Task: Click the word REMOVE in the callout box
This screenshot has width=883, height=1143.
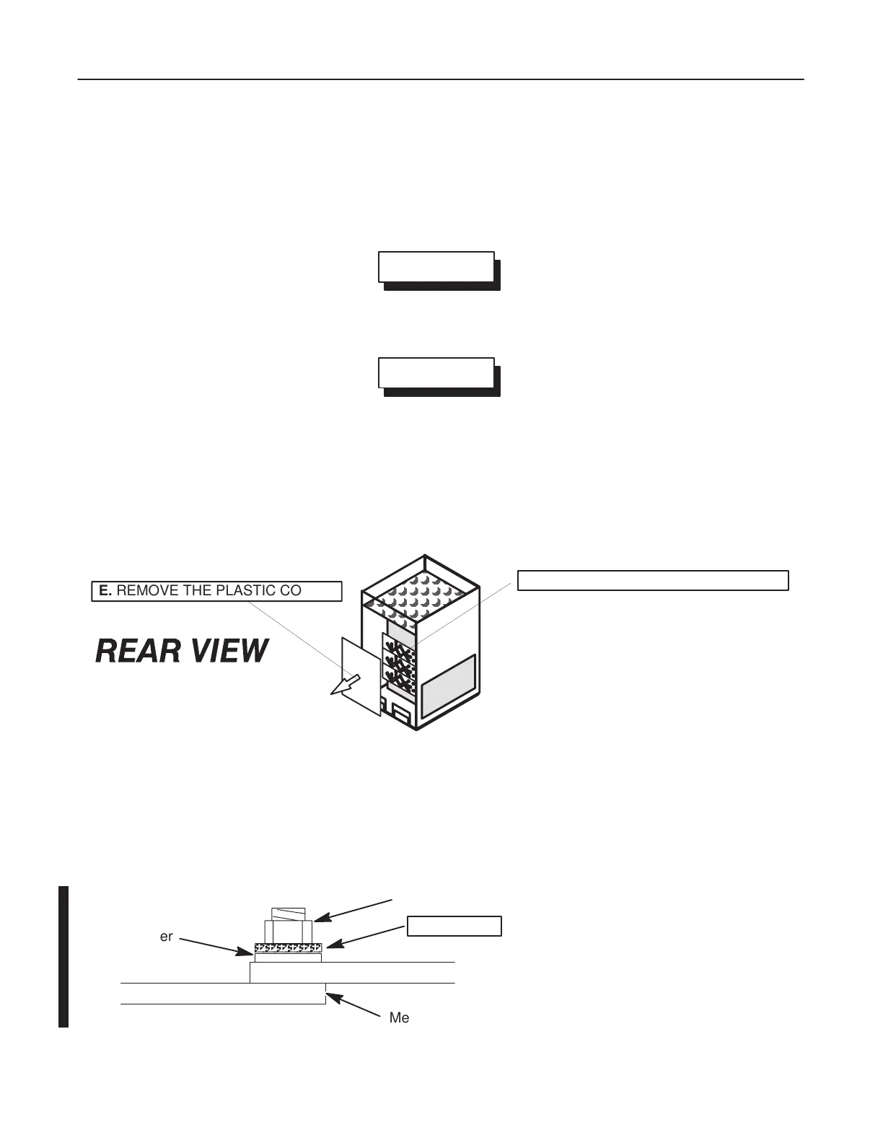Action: click(147, 591)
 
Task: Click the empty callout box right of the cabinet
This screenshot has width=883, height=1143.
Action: click(653, 580)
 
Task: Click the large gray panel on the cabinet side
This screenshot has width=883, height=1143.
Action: click(448, 685)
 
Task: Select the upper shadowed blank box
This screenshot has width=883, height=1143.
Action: click(436, 266)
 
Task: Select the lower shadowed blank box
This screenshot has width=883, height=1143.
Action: click(436, 372)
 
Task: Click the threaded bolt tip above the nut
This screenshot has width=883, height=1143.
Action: click(288, 914)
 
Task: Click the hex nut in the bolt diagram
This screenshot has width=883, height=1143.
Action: click(288, 931)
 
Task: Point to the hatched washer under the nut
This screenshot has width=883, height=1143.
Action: click(288, 947)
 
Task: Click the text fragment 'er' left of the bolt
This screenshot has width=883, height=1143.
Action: click(167, 937)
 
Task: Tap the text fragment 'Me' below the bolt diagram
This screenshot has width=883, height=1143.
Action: click(399, 1017)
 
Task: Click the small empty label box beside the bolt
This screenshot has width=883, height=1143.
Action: click(454, 926)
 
